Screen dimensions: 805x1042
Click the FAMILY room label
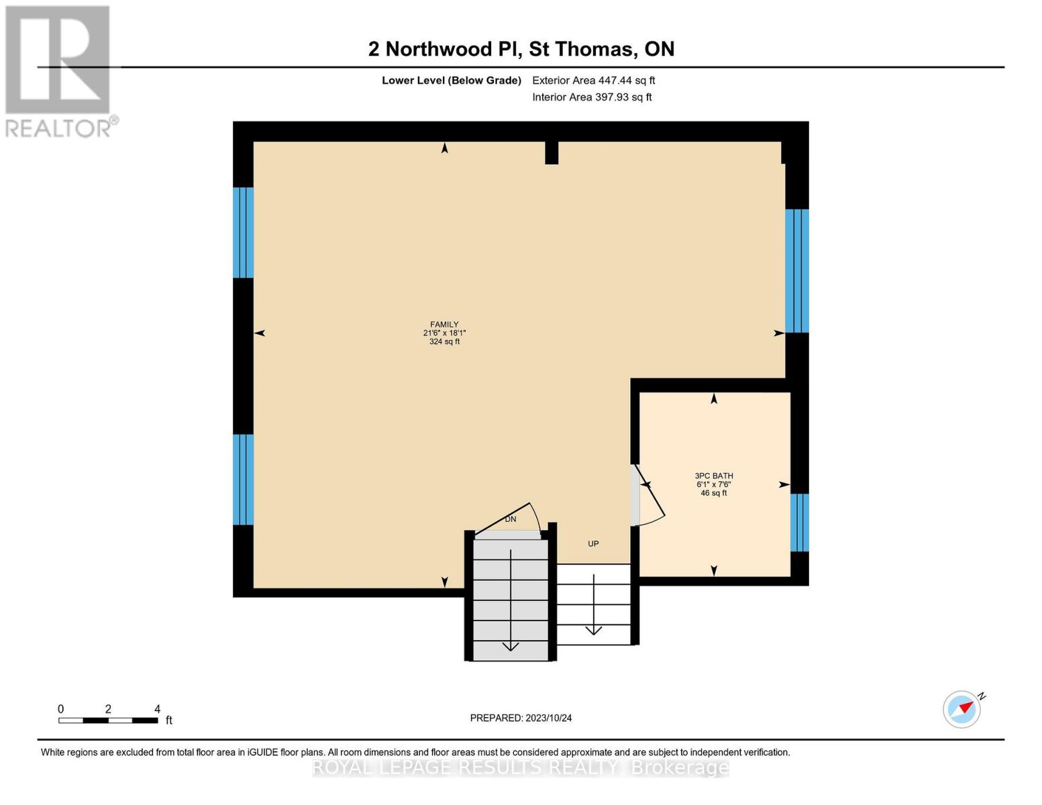[x=444, y=325]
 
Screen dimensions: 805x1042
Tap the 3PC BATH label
[x=714, y=476]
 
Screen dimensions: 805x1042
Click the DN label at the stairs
[x=511, y=519]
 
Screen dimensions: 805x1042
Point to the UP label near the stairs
[x=593, y=544]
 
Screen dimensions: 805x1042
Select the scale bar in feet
[x=108, y=720]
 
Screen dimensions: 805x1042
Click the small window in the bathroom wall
[x=799, y=523]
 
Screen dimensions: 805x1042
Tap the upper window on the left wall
[x=243, y=232]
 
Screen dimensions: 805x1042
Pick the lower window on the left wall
[x=243, y=479]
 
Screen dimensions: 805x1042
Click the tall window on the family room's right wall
[x=796, y=271]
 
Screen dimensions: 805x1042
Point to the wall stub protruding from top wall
[x=552, y=153]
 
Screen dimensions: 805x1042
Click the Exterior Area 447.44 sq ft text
[x=593, y=80]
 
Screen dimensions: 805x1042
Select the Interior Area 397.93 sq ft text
[x=592, y=97]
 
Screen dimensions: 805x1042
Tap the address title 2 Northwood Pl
[x=521, y=49]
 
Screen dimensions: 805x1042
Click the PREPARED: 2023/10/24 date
[x=521, y=718]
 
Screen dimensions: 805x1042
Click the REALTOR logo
[x=59, y=70]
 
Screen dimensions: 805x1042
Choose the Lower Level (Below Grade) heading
[x=451, y=80]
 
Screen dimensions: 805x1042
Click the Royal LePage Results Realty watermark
[x=521, y=767]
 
